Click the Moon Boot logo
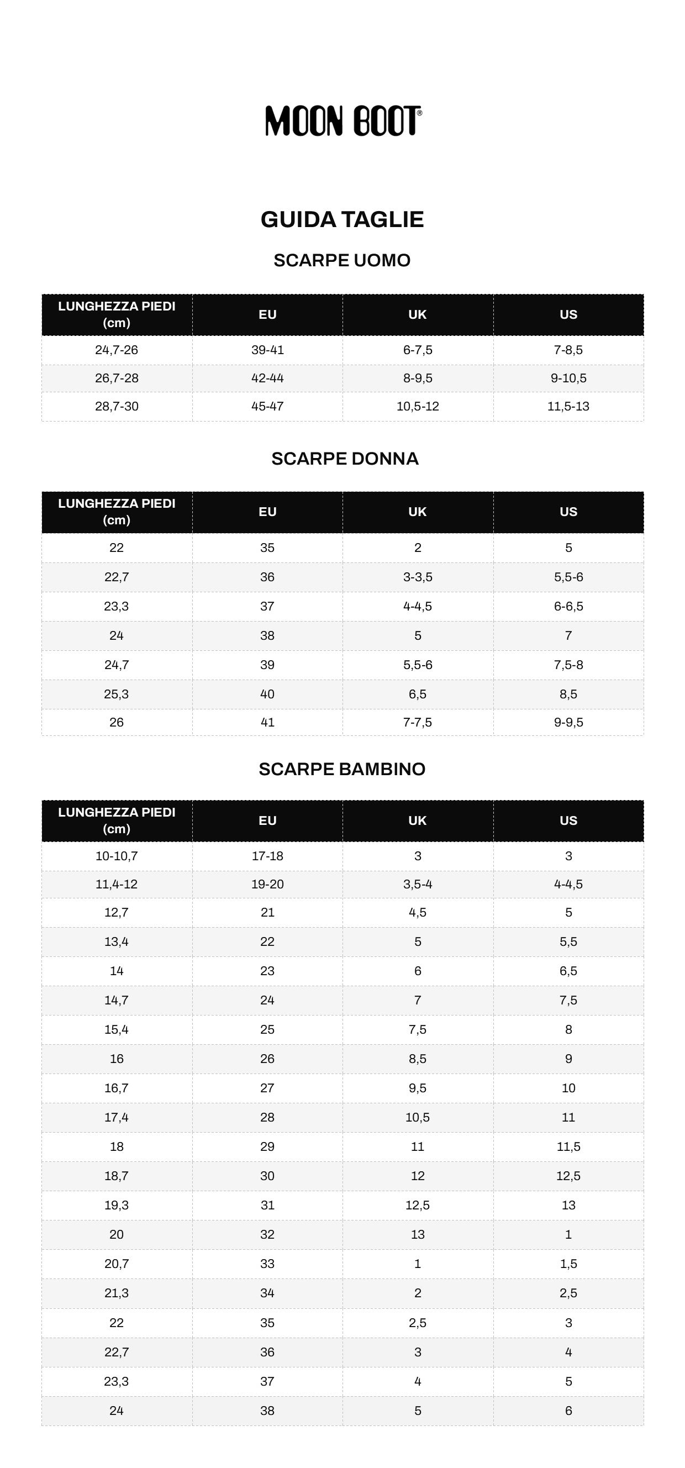click(343, 121)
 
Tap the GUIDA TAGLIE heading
click(342, 219)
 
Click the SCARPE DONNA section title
click(345, 459)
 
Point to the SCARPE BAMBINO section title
click(342, 769)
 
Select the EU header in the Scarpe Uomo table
click(267, 314)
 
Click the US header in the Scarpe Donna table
click(568, 512)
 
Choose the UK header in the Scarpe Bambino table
click(417, 820)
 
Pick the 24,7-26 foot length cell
click(116, 350)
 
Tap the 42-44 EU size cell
click(267, 378)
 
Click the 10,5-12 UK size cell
click(418, 406)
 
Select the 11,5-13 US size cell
click(568, 406)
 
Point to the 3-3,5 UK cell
click(418, 577)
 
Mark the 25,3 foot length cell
click(116, 694)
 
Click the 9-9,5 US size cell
click(568, 722)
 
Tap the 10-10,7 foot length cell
click(116, 856)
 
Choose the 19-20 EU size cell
click(267, 884)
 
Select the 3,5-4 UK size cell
click(418, 884)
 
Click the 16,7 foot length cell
click(116, 1088)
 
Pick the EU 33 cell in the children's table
click(267, 1264)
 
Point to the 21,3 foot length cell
click(116, 1293)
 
